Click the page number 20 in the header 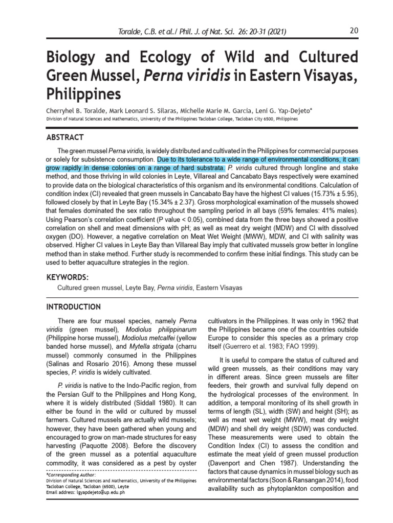click(354, 31)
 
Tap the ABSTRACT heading click(65, 137)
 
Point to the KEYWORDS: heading click(68, 277)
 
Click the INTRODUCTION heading click(74, 307)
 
